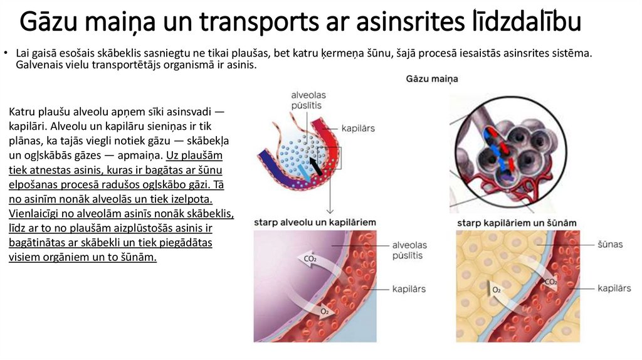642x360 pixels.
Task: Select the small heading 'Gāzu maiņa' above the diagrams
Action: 432,79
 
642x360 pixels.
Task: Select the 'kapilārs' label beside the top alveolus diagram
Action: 358,129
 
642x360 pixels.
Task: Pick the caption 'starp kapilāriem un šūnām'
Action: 517,223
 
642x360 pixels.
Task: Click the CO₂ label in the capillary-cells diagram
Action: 550,282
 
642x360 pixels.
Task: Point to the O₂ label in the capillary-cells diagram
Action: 497,290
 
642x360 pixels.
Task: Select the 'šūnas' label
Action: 610,244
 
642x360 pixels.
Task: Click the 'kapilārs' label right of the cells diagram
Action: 614,288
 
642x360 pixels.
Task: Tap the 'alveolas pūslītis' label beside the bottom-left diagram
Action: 409,250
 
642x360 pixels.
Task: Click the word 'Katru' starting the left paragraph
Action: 21,112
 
